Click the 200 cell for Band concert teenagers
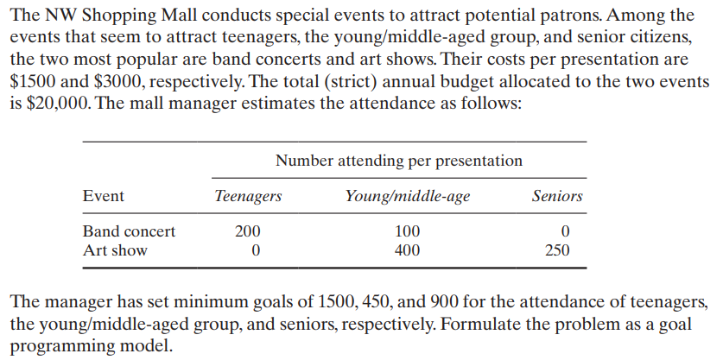pyautogui.click(x=247, y=231)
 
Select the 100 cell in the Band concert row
pyautogui.click(x=407, y=231)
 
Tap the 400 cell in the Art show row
pyautogui.click(x=407, y=251)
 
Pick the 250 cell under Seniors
pyautogui.click(x=557, y=251)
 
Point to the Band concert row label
pyautogui.click(x=129, y=231)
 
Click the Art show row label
pyautogui.click(x=115, y=251)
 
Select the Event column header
pyautogui.click(x=103, y=197)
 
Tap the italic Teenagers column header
pyautogui.click(x=247, y=197)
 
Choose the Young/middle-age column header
pyautogui.click(x=407, y=197)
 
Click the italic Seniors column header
pyautogui.click(x=557, y=197)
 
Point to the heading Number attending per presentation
pyautogui.click(x=398, y=161)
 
